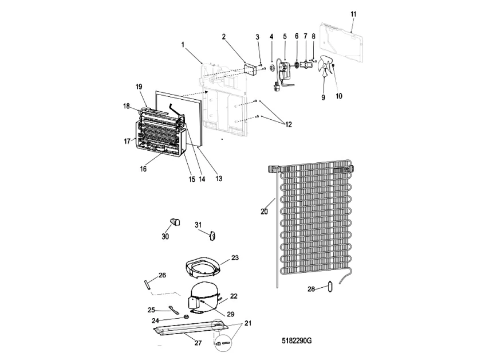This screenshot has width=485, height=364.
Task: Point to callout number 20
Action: pos(264,211)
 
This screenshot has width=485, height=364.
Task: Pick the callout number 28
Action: pos(311,289)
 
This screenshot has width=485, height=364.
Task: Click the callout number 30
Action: pos(165,236)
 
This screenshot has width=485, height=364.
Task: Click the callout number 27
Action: pos(198,343)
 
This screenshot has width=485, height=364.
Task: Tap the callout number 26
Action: pos(162,276)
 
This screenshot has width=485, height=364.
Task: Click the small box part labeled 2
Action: pos(250,70)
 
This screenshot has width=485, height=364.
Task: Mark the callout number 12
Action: pos(287,124)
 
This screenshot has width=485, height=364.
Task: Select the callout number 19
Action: pos(139,87)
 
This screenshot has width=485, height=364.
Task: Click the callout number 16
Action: pos(143,169)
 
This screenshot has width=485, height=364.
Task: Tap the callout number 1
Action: pos(183,44)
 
